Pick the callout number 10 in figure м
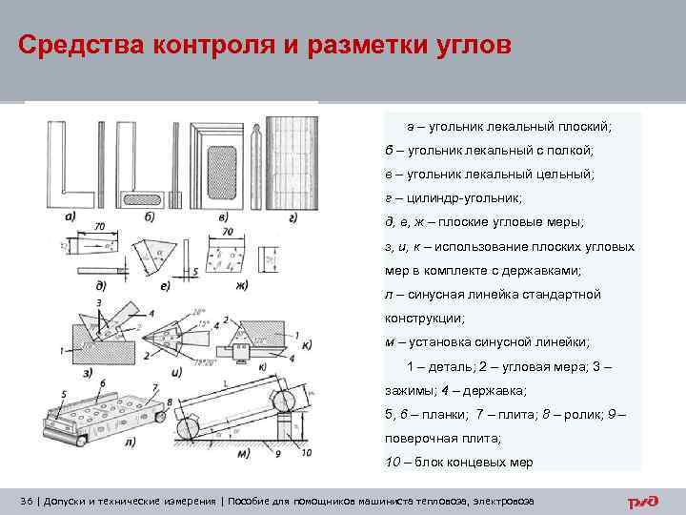[x=305, y=451]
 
